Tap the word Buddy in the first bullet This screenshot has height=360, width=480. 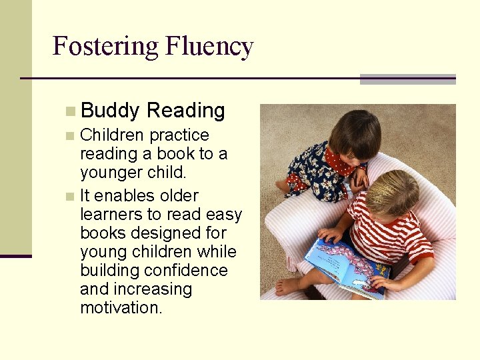[110, 111]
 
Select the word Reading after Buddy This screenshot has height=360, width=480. [186, 111]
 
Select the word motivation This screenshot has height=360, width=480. [121, 308]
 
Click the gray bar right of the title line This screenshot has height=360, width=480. [407, 79]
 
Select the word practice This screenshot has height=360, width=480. [179, 135]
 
